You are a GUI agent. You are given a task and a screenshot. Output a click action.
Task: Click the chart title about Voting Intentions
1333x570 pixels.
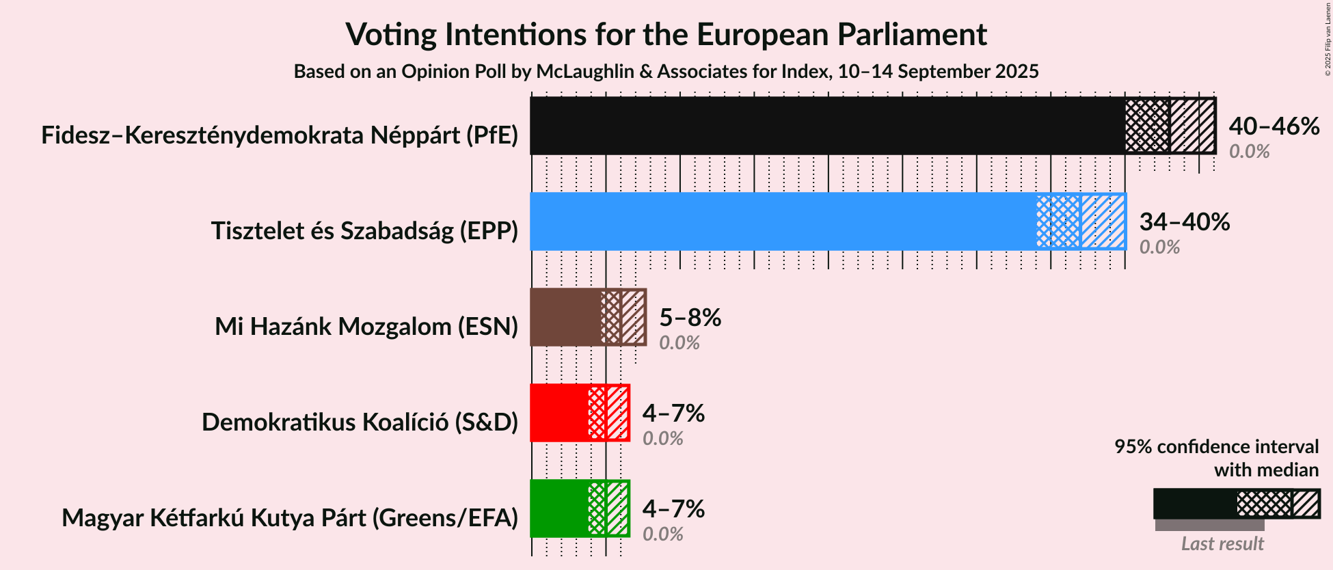pos(666,35)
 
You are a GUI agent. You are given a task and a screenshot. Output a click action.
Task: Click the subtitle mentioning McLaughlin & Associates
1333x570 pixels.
pos(666,72)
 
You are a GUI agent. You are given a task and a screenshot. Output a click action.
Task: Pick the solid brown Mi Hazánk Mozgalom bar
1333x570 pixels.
pos(565,317)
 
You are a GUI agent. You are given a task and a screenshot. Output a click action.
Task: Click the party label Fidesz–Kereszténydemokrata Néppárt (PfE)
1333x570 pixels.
pos(280,135)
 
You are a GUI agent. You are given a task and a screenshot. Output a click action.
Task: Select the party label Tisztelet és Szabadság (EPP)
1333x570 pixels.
pos(364,231)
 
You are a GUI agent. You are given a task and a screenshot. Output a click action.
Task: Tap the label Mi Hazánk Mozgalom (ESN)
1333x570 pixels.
pos(366,327)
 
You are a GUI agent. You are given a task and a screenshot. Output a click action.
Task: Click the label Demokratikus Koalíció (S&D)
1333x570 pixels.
pos(360,422)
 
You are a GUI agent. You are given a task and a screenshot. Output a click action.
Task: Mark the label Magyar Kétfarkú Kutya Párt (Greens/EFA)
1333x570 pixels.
pos(290,518)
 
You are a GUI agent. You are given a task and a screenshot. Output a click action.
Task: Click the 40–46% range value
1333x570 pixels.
pos(1274,126)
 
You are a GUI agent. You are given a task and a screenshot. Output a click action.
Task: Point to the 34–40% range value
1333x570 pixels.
pos(1184,222)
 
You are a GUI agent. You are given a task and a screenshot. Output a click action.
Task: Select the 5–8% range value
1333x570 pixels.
pos(690,318)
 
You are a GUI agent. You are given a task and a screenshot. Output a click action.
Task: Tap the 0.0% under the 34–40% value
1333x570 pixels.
pos(1159,247)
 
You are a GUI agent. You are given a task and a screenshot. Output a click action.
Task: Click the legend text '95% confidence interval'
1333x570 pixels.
pos(1216,447)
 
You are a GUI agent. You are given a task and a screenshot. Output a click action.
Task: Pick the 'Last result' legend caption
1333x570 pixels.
pos(1222,544)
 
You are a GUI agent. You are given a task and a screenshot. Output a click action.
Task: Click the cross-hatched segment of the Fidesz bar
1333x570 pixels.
pos(1147,126)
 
